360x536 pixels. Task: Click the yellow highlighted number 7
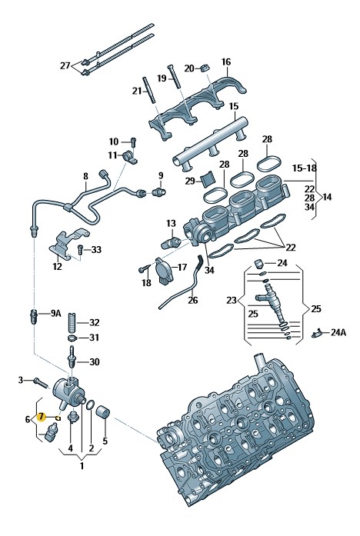pos(41,417)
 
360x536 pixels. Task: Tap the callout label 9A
pos(55,313)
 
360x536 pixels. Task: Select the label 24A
pos(338,332)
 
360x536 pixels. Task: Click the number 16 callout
pos(226,62)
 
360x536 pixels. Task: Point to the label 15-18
pos(305,168)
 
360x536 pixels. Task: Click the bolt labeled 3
pos(40,382)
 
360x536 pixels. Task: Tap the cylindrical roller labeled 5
pos(104,412)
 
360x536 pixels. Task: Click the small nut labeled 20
pos(204,68)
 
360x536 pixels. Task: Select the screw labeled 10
pos(133,141)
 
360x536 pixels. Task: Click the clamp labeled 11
pos(130,157)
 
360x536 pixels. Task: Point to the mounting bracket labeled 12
pos(68,244)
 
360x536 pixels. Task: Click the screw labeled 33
pos(81,249)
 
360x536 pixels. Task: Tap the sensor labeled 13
pos(170,242)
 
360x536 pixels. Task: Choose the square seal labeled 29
pos(206,180)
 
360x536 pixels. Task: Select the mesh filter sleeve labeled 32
pos(72,321)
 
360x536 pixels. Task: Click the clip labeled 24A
pos(318,333)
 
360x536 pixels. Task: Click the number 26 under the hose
pos(193,300)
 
